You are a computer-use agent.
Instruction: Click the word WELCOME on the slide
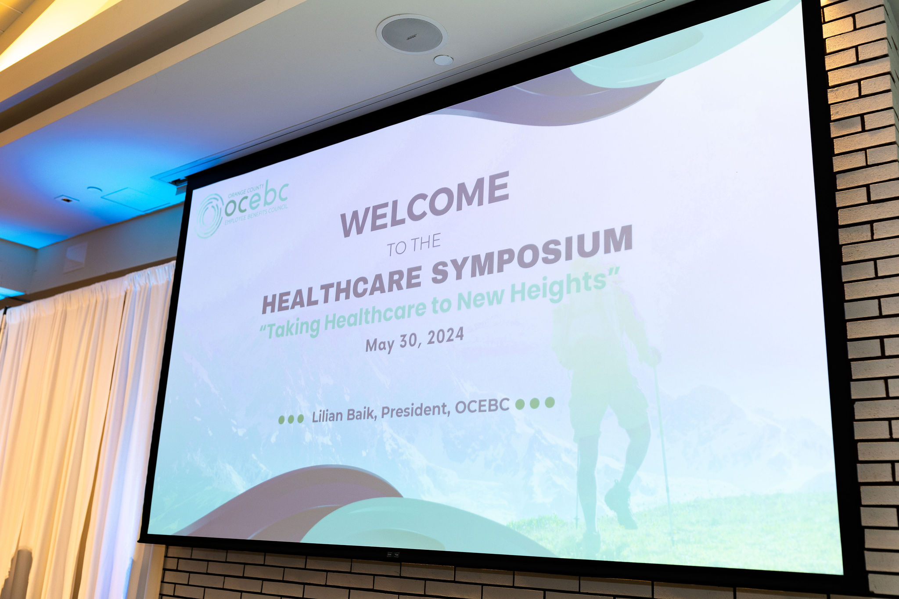pyautogui.click(x=424, y=204)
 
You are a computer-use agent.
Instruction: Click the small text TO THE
pyautogui.click(x=414, y=245)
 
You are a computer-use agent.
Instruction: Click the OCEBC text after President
pyautogui.click(x=482, y=406)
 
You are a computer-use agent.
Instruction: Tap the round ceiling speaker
pyautogui.click(x=411, y=34)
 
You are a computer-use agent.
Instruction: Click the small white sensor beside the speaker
pyautogui.click(x=443, y=60)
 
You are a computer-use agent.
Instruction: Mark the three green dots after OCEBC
pyautogui.click(x=535, y=403)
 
